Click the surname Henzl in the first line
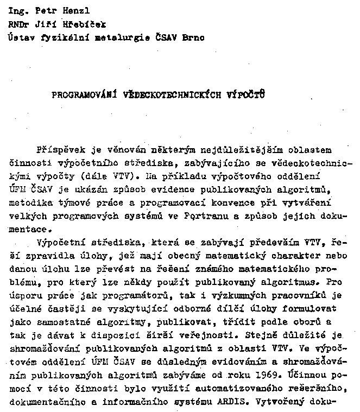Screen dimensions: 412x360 click(72, 10)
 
